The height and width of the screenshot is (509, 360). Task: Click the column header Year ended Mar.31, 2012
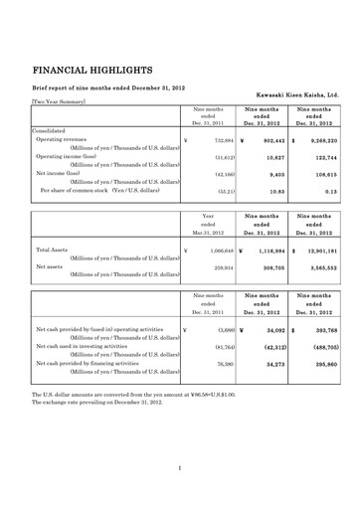208,225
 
